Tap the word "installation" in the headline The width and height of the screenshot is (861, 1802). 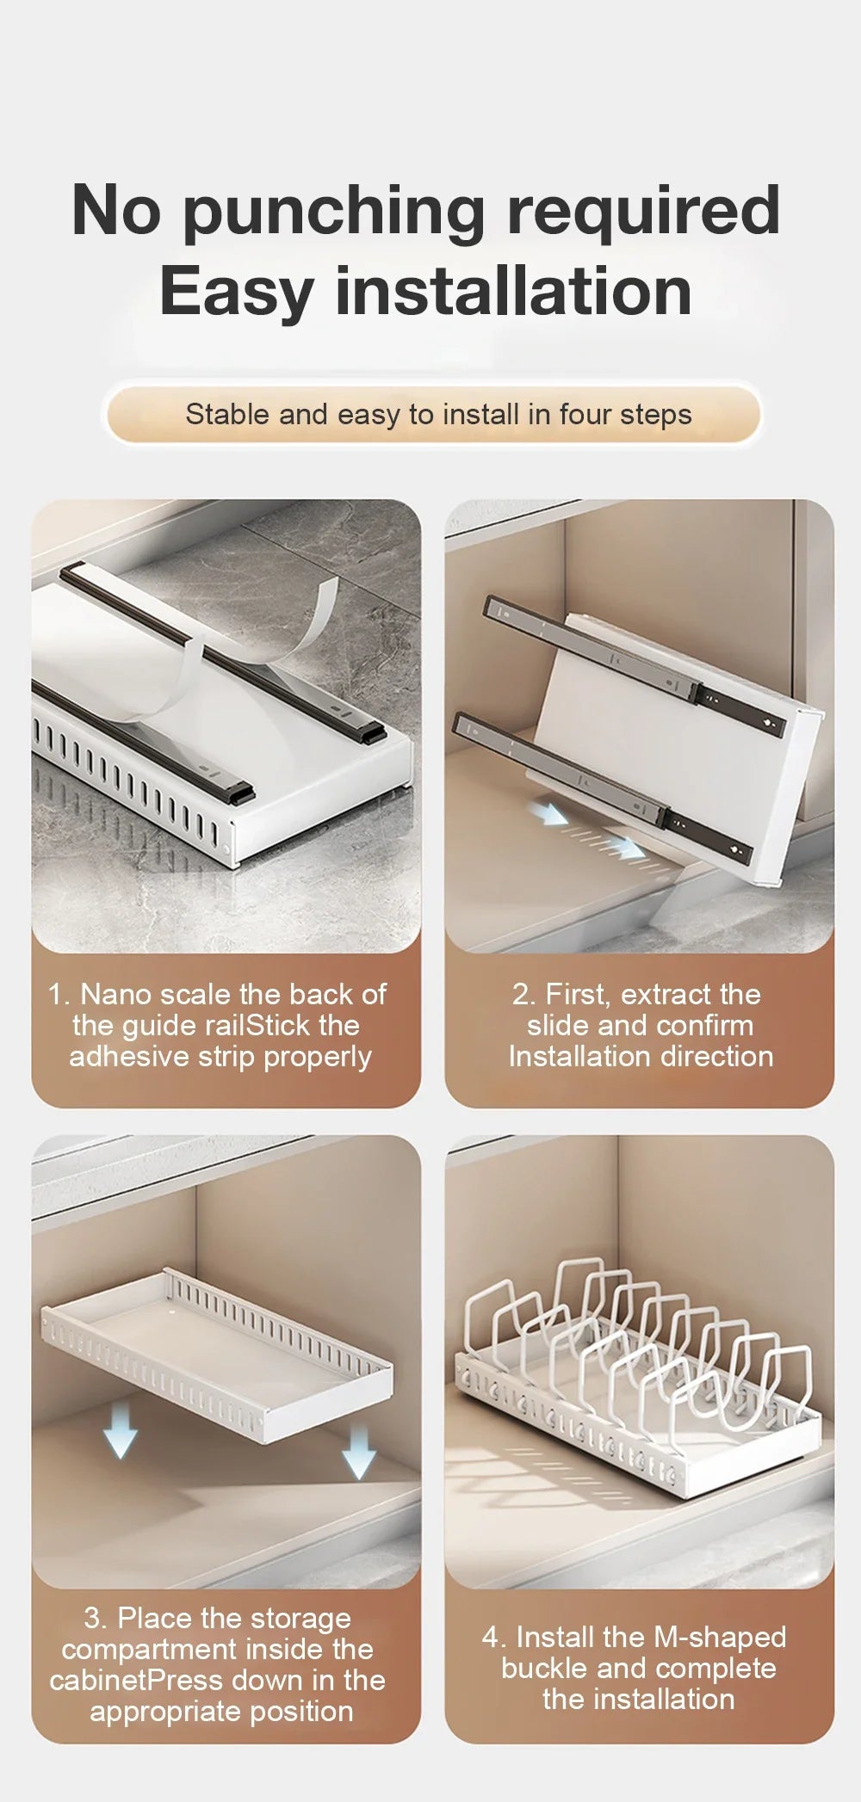click(x=513, y=291)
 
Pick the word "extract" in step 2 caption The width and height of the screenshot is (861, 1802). click(x=666, y=995)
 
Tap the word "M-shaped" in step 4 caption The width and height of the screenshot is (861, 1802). click(x=720, y=1638)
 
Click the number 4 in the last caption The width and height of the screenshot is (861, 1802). click(x=491, y=1638)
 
